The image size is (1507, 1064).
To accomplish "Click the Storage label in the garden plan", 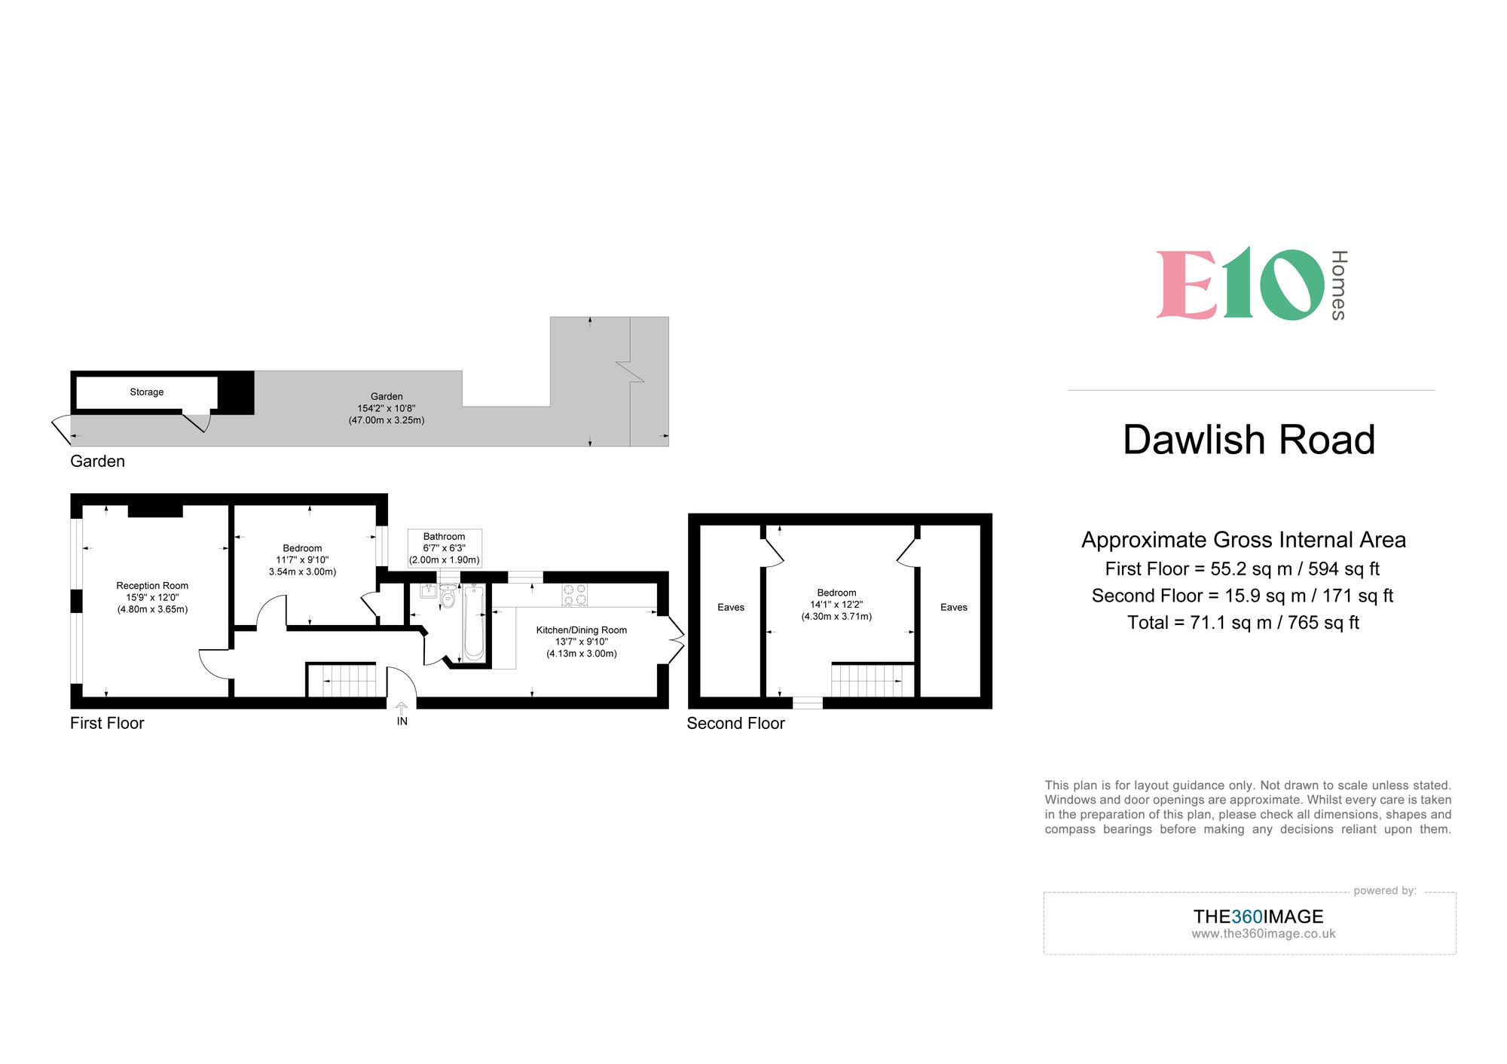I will click(146, 392).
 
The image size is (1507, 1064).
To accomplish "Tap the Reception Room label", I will click(152, 586).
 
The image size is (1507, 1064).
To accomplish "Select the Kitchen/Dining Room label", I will click(581, 630).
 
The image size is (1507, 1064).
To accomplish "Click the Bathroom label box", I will click(444, 548).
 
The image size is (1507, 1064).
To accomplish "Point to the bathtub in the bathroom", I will click(474, 623).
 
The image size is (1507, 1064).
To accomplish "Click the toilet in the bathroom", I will click(448, 599).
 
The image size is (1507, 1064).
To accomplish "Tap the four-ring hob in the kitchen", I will click(575, 595).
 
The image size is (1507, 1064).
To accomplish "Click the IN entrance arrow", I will click(402, 709).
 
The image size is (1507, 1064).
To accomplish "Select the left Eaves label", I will click(730, 608).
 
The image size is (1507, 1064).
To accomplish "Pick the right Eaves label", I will click(953, 608).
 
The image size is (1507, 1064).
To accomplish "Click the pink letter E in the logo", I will click(1187, 285).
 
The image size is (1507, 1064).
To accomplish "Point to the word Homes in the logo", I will click(1338, 285).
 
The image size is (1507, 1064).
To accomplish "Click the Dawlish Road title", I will click(1249, 440).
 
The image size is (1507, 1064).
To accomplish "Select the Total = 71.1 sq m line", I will click(1243, 623).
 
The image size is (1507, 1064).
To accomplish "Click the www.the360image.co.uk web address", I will click(1263, 934).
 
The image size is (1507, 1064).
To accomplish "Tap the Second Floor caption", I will click(735, 724).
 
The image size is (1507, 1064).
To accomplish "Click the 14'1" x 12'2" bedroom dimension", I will click(836, 605).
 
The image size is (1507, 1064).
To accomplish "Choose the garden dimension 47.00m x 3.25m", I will click(387, 420).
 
